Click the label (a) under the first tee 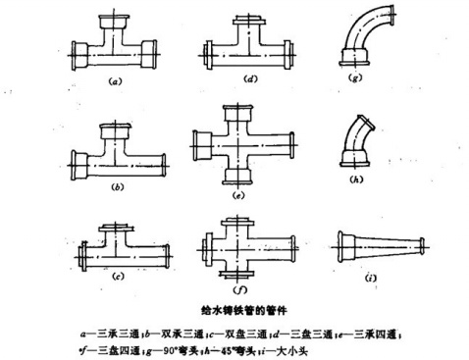[115, 83]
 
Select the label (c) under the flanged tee [117, 278]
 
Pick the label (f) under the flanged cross [238, 290]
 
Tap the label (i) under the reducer [372, 279]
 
